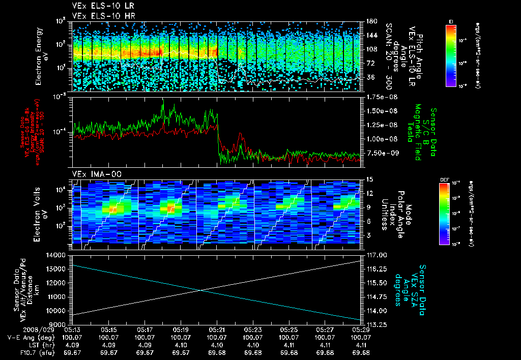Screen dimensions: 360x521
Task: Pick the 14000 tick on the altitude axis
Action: pyautogui.click(x=60, y=255)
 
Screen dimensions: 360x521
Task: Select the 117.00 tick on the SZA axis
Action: pyautogui.click(x=375, y=255)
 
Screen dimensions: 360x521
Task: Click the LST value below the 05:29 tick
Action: pyautogui.click(x=361, y=345)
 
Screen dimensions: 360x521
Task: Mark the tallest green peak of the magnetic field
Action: pyautogui.click(x=163, y=101)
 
